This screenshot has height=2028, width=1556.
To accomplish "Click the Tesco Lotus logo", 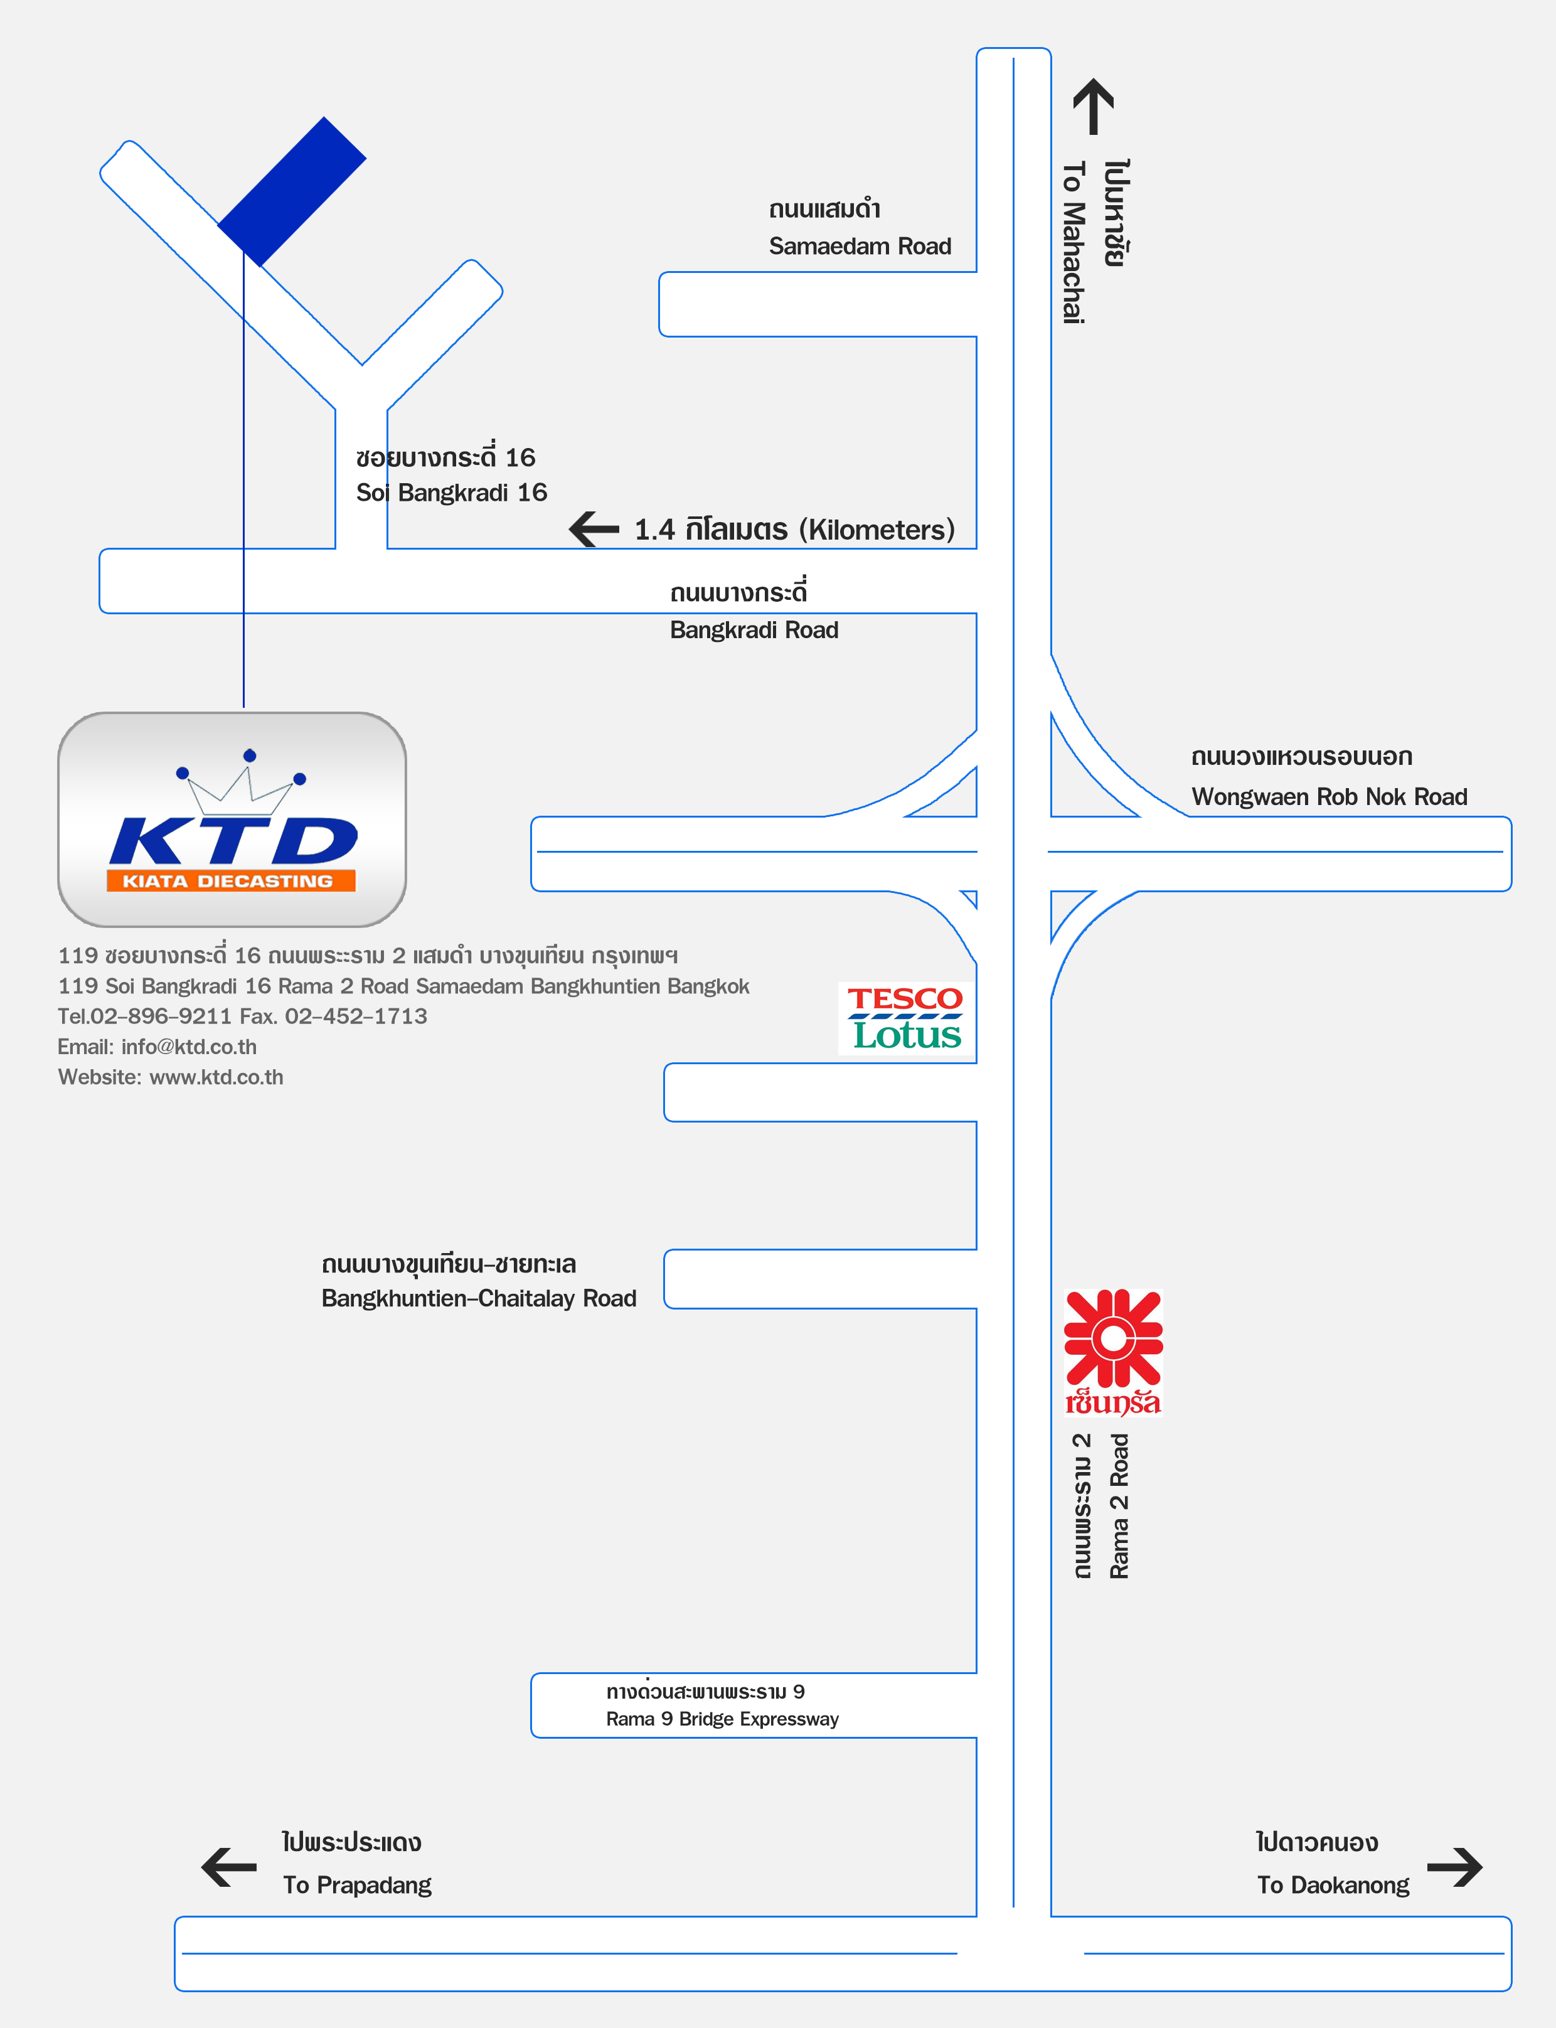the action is (906, 1018).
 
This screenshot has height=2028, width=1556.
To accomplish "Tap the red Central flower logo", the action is (1112, 1352).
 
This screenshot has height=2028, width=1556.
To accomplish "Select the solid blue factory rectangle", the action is (292, 191).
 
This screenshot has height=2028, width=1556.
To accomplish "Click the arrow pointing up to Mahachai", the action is (1093, 107).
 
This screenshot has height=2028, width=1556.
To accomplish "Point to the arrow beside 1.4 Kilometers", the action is (594, 530).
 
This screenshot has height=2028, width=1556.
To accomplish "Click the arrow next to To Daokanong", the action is (1455, 1867).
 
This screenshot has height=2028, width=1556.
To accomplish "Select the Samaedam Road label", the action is (860, 247).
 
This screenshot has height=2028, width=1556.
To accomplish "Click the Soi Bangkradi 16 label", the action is (451, 493).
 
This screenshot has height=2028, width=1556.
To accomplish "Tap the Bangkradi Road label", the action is (754, 631).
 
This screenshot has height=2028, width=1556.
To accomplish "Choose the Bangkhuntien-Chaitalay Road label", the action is (479, 1298).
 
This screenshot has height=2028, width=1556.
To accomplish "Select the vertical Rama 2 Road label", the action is (1119, 1507).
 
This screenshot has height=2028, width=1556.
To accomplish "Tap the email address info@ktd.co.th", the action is (189, 1047).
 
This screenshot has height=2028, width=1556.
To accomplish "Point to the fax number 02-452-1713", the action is (356, 1017).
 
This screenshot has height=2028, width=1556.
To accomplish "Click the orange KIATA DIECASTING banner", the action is (231, 880).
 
